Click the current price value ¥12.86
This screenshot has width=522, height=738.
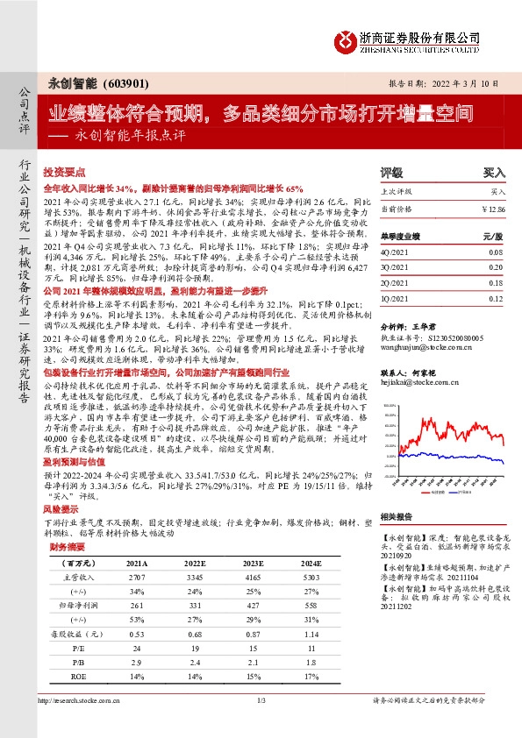coord(494,209)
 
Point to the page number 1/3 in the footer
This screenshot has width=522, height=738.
coord(261,726)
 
